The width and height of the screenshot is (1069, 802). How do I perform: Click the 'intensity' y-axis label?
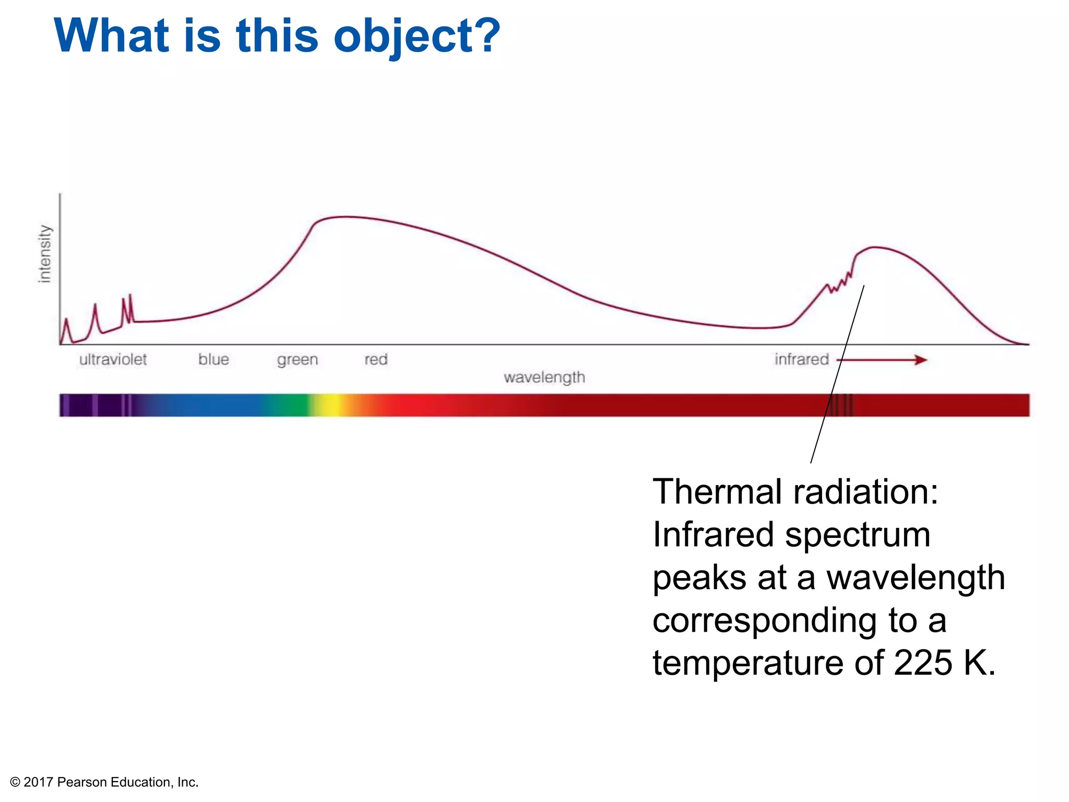coord(45,254)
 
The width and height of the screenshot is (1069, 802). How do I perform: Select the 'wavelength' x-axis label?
coord(544,377)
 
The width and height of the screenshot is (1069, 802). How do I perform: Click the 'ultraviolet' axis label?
coord(113,359)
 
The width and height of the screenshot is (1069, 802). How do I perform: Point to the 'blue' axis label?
coord(213,359)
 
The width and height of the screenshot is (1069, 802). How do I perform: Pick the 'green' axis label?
coord(297,360)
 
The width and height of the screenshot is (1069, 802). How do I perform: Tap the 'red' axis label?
coord(376,359)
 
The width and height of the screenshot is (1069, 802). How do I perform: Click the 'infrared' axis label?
coord(801,359)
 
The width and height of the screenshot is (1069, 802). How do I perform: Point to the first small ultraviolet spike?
coord(66,320)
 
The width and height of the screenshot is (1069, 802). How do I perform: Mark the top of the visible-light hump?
coord(345,217)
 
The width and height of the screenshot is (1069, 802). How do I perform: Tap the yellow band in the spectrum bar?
coord(331,405)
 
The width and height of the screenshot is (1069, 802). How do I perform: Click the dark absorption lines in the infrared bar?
coord(841,405)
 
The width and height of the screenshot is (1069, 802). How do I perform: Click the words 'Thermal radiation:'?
coord(795,492)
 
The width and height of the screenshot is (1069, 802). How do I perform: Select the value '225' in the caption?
coord(923,663)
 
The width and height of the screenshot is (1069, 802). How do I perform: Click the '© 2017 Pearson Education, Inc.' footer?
coord(104,782)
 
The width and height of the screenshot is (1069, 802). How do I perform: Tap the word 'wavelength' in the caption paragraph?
coord(916,577)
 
